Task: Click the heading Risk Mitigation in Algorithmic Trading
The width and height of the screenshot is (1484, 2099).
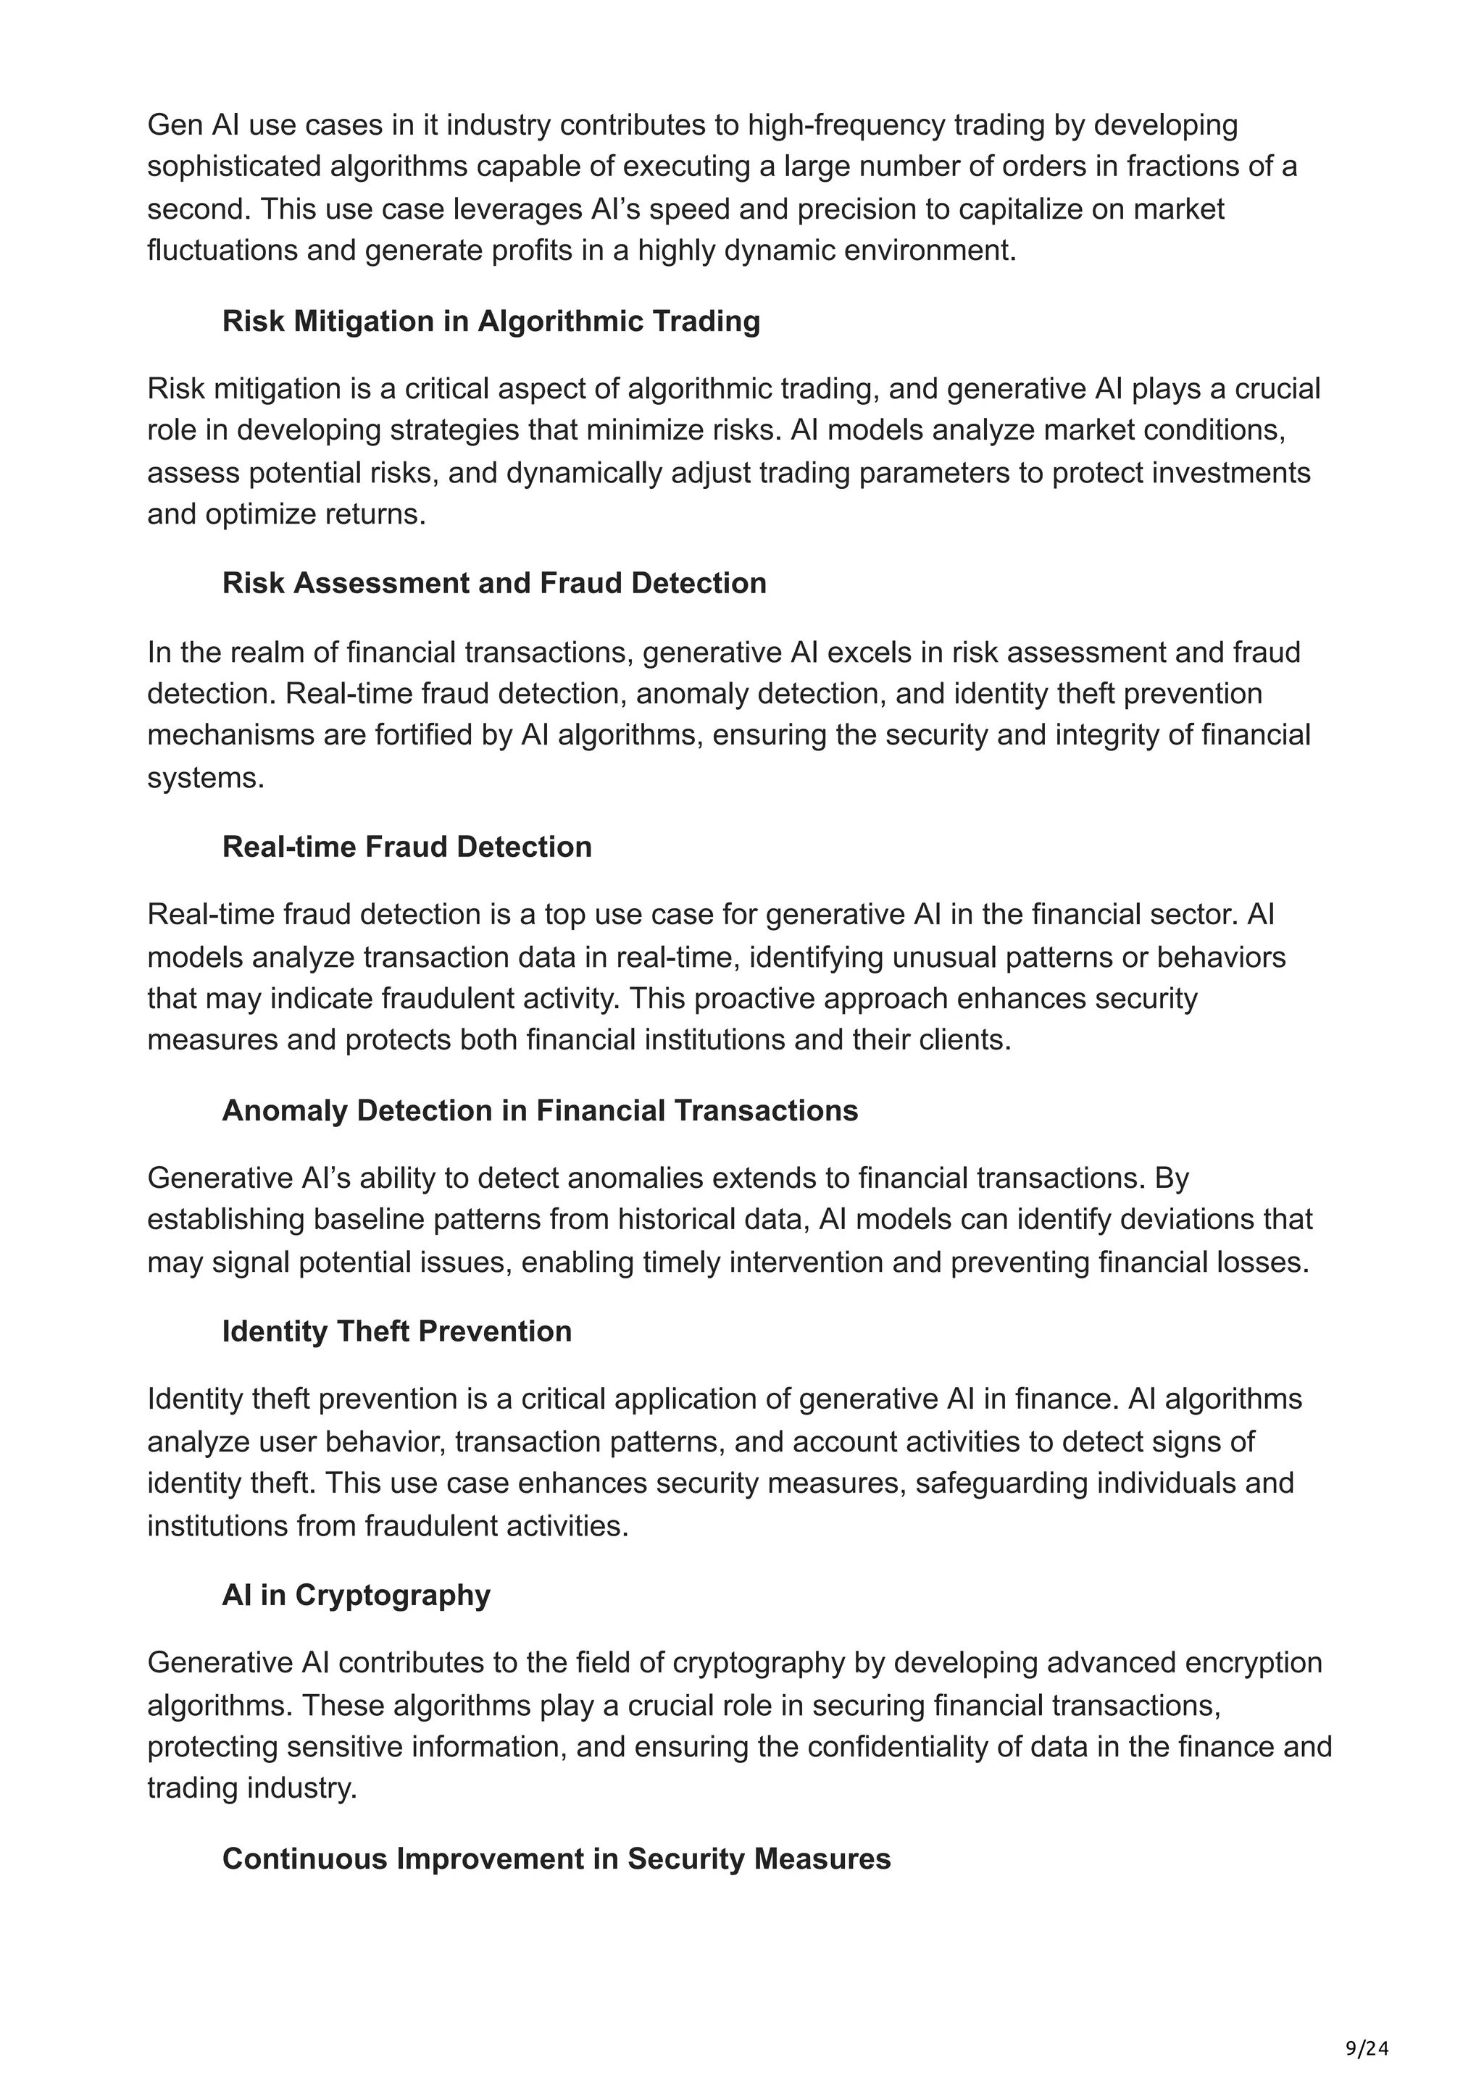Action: (x=491, y=322)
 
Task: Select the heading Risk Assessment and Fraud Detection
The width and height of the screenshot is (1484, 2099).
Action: (x=493, y=583)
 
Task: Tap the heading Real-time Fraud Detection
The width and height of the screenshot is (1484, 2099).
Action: (x=407, y=847)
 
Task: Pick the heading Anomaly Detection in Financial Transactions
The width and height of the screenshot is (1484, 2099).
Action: (x=539, y=1111)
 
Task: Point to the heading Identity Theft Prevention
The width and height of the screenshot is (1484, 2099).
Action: (x=397, y=1331)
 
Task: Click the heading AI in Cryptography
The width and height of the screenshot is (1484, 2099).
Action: (x=356, y=1596)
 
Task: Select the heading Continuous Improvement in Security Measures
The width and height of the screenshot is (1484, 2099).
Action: (x=556, y=1859)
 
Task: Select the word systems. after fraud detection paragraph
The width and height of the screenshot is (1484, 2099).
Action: (x=206, y=778)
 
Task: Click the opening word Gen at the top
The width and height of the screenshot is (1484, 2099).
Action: (x=175, y=125)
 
